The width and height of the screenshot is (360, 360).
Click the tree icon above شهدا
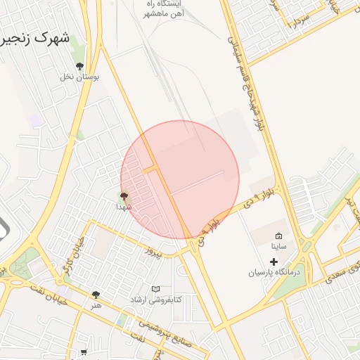[x=124, y=196]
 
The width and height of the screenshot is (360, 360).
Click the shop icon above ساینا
[x=278, y=236]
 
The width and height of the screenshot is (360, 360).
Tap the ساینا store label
[x=278, y=247]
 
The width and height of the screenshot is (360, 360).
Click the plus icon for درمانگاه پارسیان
[x=274, y=262]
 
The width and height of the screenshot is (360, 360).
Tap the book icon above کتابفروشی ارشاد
[x=155, y=288]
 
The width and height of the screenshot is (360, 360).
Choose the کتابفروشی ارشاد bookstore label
[x=155, y=300]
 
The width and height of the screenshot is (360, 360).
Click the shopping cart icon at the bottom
[x=84, y=352]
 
